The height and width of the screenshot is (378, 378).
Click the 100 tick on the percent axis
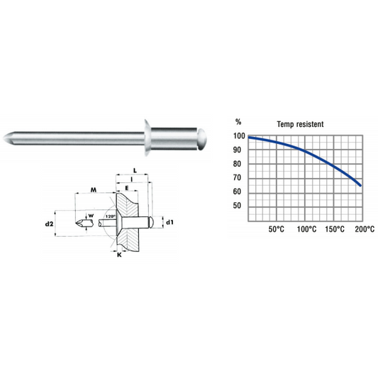click(239, 136)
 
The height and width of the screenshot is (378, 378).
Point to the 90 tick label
click(237, 150)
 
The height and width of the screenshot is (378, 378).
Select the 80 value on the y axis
click(237, 164)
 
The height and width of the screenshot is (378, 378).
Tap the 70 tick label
click(237, 178)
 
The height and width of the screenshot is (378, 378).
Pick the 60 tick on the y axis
click(237, 191)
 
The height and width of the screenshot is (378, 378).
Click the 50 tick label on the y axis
click(237, 206)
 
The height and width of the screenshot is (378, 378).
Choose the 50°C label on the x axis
click(277, 229)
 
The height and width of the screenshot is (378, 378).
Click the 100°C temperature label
click(306, 229)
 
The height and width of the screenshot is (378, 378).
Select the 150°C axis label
click(335, 229)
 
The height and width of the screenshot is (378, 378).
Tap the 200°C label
click(365, 229)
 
